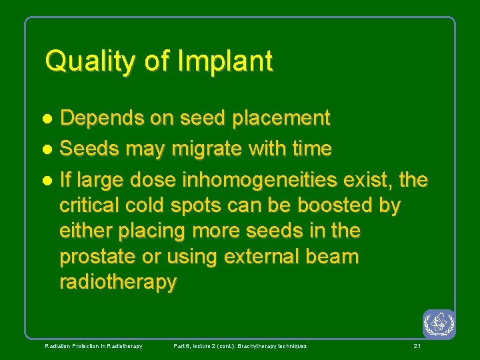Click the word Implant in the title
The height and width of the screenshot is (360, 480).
225,61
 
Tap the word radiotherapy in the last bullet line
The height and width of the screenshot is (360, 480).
118,282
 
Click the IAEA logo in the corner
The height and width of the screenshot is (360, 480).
439,324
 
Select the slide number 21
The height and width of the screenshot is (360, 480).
417,346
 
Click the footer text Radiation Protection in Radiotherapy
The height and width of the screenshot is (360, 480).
93,346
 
